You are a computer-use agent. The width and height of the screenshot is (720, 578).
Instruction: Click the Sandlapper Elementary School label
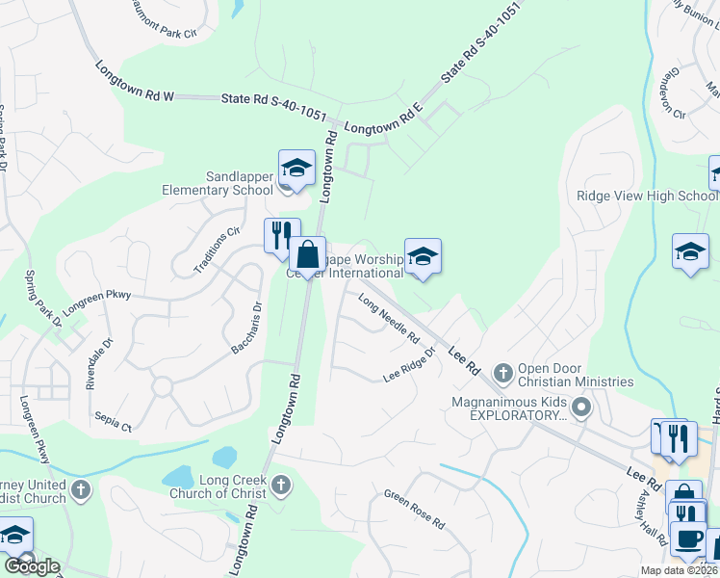(x=225, y=183)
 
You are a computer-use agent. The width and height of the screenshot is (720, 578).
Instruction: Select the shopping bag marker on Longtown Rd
(x=308, y=255)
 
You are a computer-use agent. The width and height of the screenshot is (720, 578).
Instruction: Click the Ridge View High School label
(x=647, y=196)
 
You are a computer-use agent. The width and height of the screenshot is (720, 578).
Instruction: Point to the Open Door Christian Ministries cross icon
(x=501, y=372)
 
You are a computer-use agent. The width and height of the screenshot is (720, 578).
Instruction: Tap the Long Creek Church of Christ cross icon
(x=280, y=482)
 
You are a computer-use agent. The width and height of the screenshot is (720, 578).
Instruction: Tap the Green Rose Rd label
(x=414, y=510)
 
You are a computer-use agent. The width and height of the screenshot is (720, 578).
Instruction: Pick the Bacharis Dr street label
(x=246, y=328)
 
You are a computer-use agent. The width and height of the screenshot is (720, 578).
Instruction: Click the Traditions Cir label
(x=217, y=250)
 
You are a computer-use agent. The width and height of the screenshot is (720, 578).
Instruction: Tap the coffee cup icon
(x=687, y=539)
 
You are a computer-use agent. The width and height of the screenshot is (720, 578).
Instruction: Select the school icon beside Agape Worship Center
(x=423, y=257)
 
